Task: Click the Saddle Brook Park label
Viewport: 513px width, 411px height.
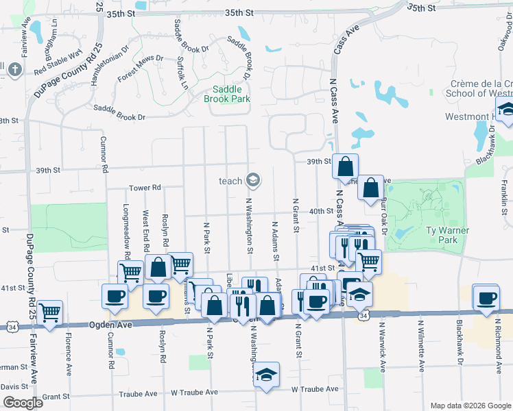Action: [x=226, y=94]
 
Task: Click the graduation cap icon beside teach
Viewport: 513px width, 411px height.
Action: [x=253, y=180]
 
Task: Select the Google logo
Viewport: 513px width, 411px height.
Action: [x=23, y=403]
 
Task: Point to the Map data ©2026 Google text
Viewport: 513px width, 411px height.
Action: [x=470, y=405]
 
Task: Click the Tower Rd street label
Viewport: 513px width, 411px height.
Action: [x=145, y=188]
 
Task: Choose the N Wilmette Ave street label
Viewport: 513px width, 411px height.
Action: [x=419, y=349]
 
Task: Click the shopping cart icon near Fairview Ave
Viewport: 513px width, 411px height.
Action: [x=49, y=312]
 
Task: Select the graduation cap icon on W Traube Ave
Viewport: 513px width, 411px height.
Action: [x=267, y=374]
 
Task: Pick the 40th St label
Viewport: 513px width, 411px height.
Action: [x=315, y=212]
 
